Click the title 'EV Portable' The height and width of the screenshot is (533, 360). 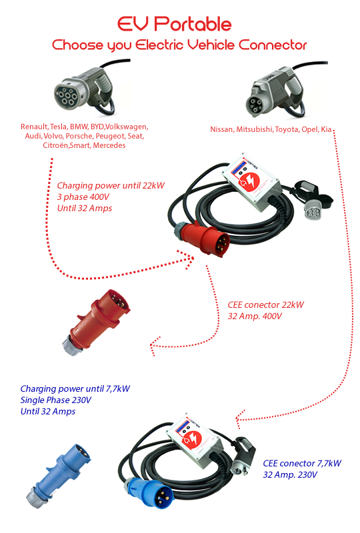(x=174, y=25)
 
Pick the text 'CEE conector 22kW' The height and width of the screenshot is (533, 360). (x=265, y=304)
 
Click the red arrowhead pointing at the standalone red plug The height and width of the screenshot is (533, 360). (x=155, y=345)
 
